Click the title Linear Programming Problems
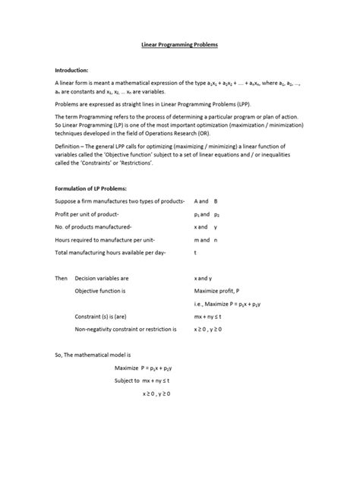click(x=180, y=46)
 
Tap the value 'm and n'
click(x=206, y=238)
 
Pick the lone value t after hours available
click(x=196, y=251)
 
